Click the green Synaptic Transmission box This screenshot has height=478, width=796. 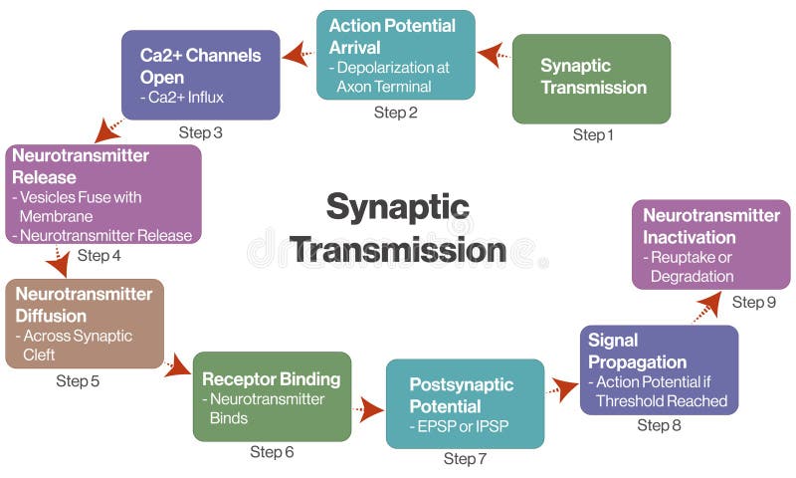pos(591,79)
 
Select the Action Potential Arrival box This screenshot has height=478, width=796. pos(395,55)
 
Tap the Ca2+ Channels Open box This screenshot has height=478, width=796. pos(200,75)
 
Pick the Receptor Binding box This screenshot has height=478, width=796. pos(272,395)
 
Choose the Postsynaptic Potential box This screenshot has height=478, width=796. pos(465,403)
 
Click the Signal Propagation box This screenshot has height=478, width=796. pos(659,369)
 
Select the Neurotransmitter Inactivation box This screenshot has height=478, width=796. pos(710,244)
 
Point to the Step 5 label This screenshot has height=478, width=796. pos(78,380)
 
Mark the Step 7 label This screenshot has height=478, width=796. pos(465,459)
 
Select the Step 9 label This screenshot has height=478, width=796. pos(753,302)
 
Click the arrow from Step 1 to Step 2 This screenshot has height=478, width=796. pos(493,54)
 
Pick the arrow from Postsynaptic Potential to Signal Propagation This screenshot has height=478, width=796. pos(563,388)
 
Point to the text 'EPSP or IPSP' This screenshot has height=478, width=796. pos(457,426)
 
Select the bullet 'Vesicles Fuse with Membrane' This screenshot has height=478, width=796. pos(80,206)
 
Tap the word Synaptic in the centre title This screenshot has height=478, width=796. pos(397,207)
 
